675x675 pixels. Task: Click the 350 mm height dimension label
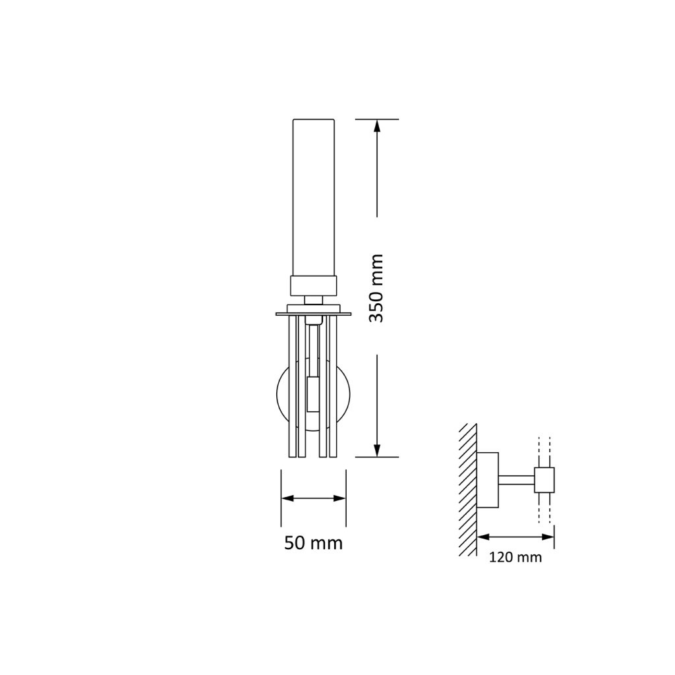tap(376, 288)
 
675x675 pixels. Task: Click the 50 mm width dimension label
tap(313, 543)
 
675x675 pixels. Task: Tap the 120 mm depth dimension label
tap(515, 558)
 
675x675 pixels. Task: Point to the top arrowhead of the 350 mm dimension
tap(377, 126)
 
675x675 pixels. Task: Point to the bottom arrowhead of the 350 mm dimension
tap(377, 450)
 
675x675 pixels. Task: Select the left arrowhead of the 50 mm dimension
tap(287, 498)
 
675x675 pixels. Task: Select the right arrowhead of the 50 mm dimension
tap(339, 498)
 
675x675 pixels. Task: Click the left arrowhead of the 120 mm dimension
tap(484, 537)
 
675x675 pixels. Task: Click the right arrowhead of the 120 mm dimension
tap(548, 537)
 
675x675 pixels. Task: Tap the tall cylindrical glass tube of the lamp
tap(313, 198)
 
